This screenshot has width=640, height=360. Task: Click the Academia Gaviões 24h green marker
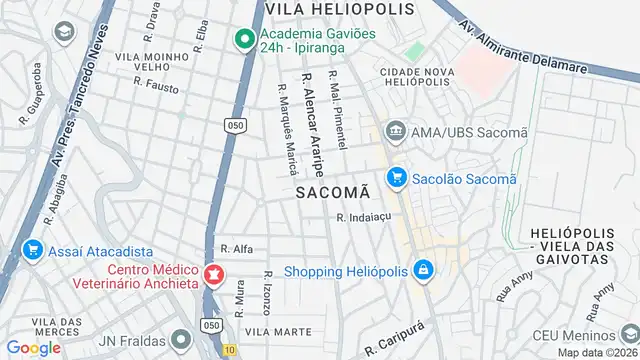coord(243,40)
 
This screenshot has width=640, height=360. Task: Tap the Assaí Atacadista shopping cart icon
coord(33,250)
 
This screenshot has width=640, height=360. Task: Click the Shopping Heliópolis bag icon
coord(424,270)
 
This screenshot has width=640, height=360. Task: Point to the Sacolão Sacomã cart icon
coord(397,178)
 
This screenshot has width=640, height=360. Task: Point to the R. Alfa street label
coord(236,249)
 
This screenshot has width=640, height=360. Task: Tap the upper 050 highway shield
coord(234,125)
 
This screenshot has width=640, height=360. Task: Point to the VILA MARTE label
coord(272,330)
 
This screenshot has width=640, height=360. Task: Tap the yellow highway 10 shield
coord(230,350)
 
